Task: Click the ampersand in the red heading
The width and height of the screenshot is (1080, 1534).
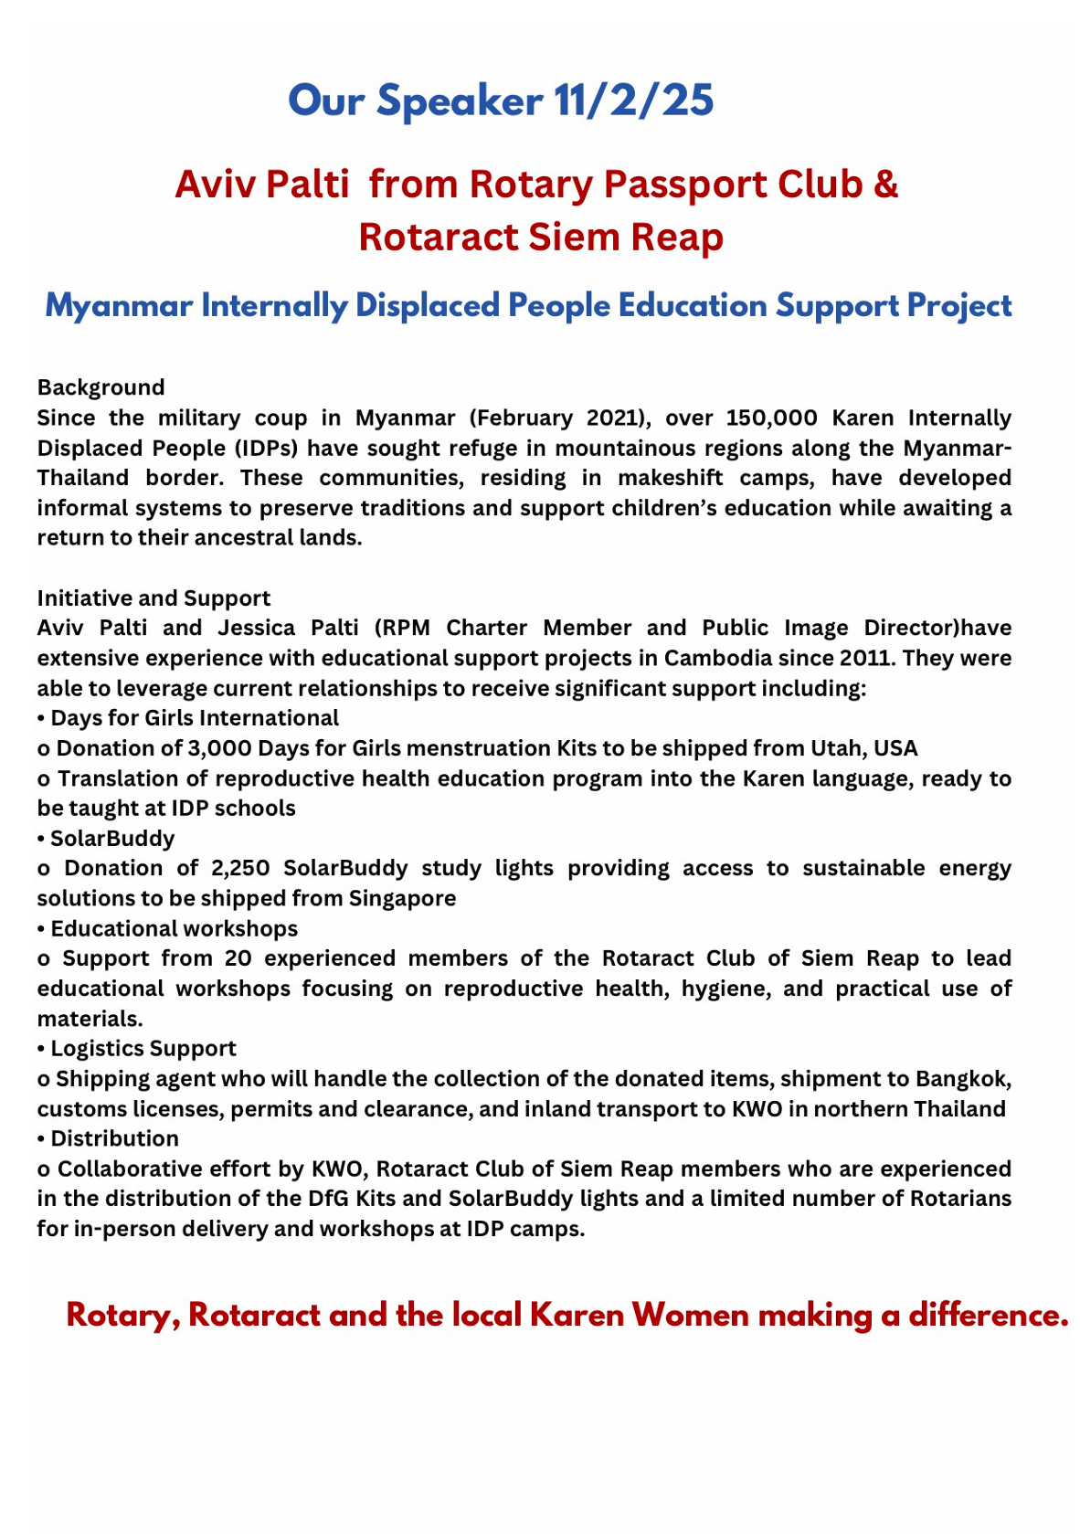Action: [885, 185]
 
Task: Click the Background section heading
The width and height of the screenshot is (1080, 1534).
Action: [101, 387]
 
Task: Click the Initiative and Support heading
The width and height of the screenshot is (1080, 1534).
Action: [154, 598]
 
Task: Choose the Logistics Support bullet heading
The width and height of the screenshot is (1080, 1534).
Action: [143, 1048]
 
